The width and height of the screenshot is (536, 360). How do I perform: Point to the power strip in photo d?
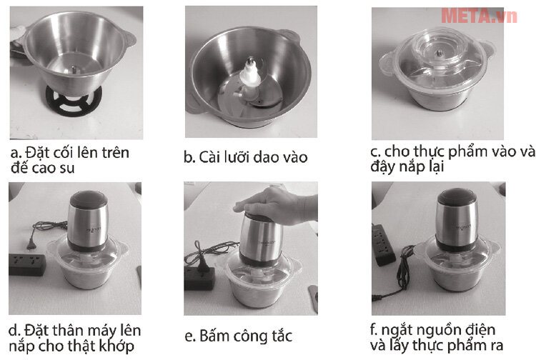(26, 263)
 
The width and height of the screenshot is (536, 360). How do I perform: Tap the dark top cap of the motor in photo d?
(88, 202)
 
